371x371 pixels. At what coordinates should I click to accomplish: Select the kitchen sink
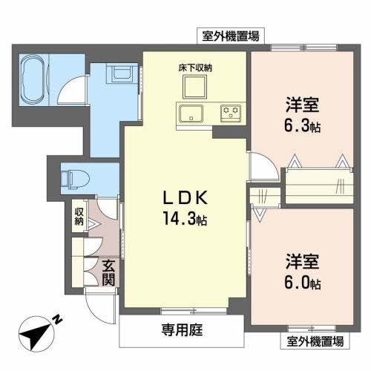coord(191,114)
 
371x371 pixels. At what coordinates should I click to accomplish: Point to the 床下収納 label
coord(194,68)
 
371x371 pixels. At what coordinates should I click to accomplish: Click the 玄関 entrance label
coord(108,272)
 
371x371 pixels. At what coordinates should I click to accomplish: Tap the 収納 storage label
coord(78,217)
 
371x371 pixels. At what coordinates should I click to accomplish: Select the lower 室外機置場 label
coord(315,341)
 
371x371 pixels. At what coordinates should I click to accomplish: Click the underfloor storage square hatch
coord(194,88)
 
